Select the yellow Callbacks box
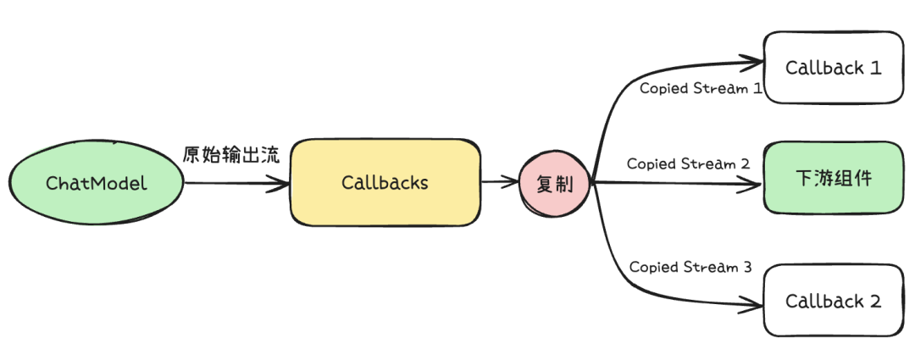coord(385,182)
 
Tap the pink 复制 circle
coord(555,183)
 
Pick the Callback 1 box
coord(833,68)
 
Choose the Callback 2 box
coord(833,300)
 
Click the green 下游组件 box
coord(833,179)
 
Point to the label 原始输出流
coord(230,155)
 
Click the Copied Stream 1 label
coord(701,88)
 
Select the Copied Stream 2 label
coord(688,163)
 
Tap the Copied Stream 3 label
coord(690,267)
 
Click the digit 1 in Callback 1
coord(875,68)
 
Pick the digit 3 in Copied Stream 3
coord(746,267)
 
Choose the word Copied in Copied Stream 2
coord(652,163)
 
